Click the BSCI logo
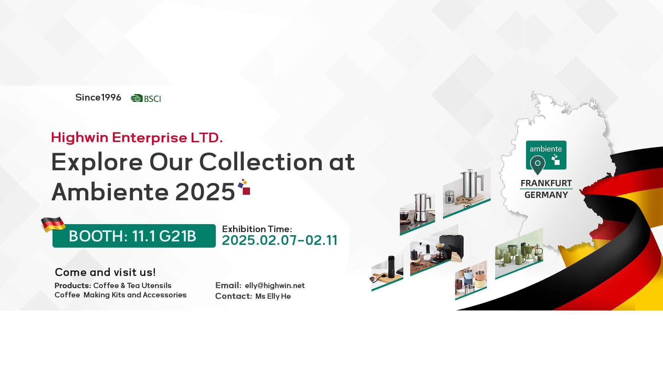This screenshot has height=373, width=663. [146, 98]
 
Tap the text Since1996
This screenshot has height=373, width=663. [98, 97]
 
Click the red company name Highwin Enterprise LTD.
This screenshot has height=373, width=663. [137, 137]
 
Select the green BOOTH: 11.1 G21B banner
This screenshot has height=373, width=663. [134, 236]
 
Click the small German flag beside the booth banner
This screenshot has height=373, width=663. [53, 224]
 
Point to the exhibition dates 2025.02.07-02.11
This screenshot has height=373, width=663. [280, 240]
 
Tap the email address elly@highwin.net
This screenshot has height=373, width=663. [275, 286]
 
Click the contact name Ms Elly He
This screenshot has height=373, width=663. [273, 296]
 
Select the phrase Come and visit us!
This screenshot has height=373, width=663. [105, 272]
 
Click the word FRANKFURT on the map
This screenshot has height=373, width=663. [546, 183]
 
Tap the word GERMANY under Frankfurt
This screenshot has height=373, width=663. [546, 195]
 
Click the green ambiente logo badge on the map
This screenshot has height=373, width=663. [546, 155]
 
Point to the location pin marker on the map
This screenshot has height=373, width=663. [538, 165]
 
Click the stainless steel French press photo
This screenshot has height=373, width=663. [467, 193]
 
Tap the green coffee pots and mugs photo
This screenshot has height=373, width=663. [519, 254]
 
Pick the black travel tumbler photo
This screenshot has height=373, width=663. [387, 272]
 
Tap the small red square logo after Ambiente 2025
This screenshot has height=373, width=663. [246, 191]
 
